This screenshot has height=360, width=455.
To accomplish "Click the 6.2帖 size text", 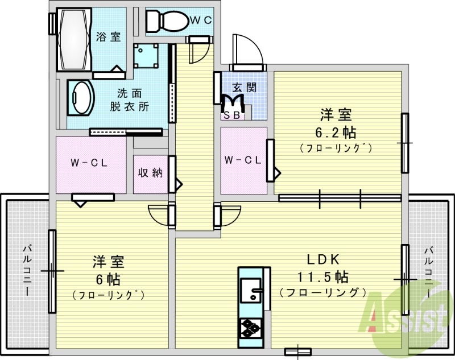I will click(x=336, y=133).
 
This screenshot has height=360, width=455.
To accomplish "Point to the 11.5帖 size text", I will click(x=322, y=278).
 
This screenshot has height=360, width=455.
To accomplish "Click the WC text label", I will click(x=200, y=20).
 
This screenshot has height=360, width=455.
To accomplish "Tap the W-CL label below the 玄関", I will click(x=243, y=160).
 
